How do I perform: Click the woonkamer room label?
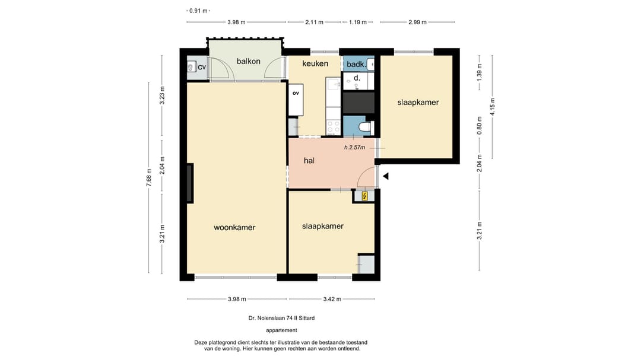coord(234,228)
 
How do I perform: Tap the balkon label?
coord(249,61)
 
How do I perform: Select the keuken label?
coord(315,63)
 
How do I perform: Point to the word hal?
coord(309,161)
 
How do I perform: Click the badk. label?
coord(356,64)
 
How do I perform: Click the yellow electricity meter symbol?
coord(364,196)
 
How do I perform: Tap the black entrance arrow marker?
coord(386,176)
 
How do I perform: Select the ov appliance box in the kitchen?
coord(296,100)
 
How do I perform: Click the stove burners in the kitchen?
coord(333,127)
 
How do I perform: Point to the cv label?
coord(202,67)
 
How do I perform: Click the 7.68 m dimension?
coord(149,178)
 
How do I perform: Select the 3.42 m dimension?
coord(332,299)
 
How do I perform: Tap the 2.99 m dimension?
coord(417,22)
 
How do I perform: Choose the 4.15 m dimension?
coord(493,107)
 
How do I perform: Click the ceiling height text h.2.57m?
coord(354,148)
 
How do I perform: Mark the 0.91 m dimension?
coord(198,11)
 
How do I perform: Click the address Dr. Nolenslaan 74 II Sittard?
coord(282,318)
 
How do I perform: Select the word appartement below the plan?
coord(282,330)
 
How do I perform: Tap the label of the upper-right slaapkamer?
coord(418,103)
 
